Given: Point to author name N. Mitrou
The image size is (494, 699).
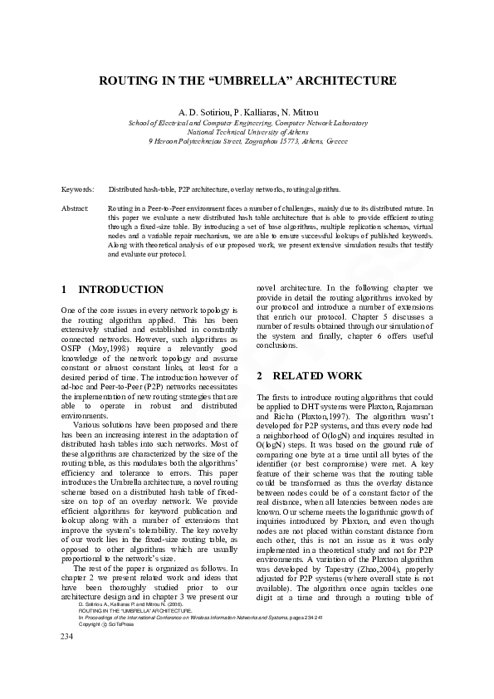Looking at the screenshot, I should pos(296,112).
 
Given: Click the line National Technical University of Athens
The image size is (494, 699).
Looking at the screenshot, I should pos(247,132).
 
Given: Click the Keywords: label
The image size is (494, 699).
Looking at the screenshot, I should pos(78,190).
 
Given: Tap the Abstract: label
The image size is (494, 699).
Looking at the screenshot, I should pos(76,209).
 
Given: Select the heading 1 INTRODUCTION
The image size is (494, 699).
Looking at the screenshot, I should pos(113,290).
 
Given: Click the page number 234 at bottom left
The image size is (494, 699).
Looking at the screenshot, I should pos(68,659).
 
